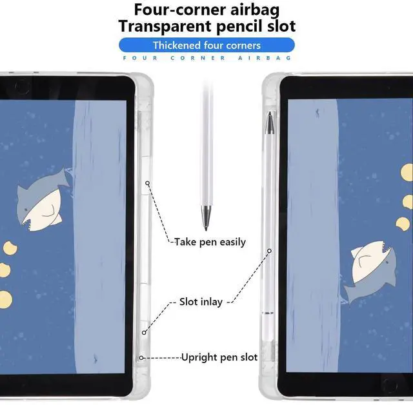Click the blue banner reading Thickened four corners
(x=206, y=45)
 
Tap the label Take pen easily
(x=210, y=242)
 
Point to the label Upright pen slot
(x=219, y=357)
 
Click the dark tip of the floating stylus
(x=206, y=219)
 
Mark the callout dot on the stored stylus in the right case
(x=270, y=251)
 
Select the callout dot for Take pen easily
(x=148, y=183)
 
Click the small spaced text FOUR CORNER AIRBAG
(x=206, y=58)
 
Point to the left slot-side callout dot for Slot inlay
(x=145, y=333)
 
